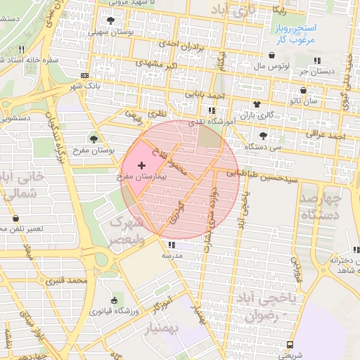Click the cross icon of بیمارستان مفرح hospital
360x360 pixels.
tap(142, 164)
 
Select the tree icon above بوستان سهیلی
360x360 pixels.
tap(111, 20)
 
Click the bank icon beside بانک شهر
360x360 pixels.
tap(85, 75)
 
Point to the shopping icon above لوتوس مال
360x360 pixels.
tap(272, 56)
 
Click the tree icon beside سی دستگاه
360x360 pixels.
tap(263, 136)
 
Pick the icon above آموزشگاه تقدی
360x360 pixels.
tap(212, 110)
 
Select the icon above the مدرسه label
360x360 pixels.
tap(171, 245)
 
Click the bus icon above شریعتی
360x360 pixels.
tap(290, 345)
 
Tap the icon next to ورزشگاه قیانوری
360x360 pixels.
tap(115, 300)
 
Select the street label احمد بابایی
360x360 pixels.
tap(205, 92)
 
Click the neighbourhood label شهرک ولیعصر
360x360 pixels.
tap(126, 230)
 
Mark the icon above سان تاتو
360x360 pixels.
tap(303, 90)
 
